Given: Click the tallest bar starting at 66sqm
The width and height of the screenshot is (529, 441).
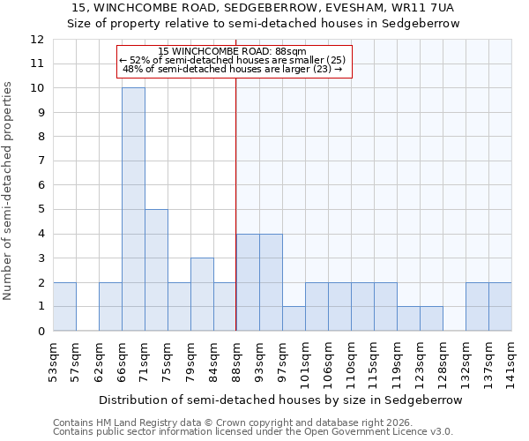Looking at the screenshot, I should [133, 209].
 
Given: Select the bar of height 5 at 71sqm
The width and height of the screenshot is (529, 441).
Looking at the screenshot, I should [156, 270].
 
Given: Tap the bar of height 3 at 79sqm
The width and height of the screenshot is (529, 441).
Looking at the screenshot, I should [202, 295].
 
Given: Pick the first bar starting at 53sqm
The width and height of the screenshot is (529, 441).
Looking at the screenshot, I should [64, 307].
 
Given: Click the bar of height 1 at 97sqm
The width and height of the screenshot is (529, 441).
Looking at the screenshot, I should [294, 318].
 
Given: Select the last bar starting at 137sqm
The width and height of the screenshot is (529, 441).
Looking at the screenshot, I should [500, 307].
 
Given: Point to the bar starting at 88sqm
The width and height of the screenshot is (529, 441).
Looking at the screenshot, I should [248, 282].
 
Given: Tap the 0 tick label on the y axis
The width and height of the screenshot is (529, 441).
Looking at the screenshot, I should [41, 331].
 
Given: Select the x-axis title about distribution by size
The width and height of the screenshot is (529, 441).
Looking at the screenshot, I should [280, 400].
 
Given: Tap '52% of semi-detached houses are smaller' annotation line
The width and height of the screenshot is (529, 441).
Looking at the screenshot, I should [234, 60].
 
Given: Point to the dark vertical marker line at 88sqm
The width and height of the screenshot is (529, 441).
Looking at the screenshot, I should [236, 203].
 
